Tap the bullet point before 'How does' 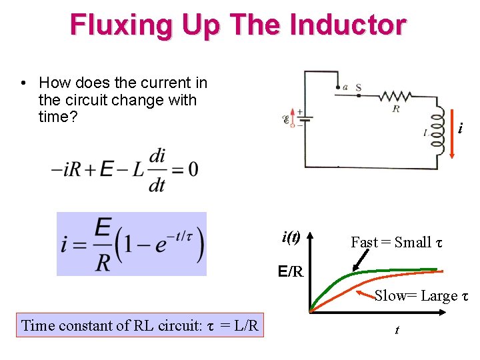(x=23, y=83)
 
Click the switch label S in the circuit (x=359, y=87)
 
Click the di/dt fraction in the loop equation (x=157, y=169)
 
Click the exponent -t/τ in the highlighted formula (x=180, y=231)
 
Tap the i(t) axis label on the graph (x=291, y=237)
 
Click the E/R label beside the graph (x=291, y=272)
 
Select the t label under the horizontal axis (x=397, y=330)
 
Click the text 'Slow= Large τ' (x=421, y=296)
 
